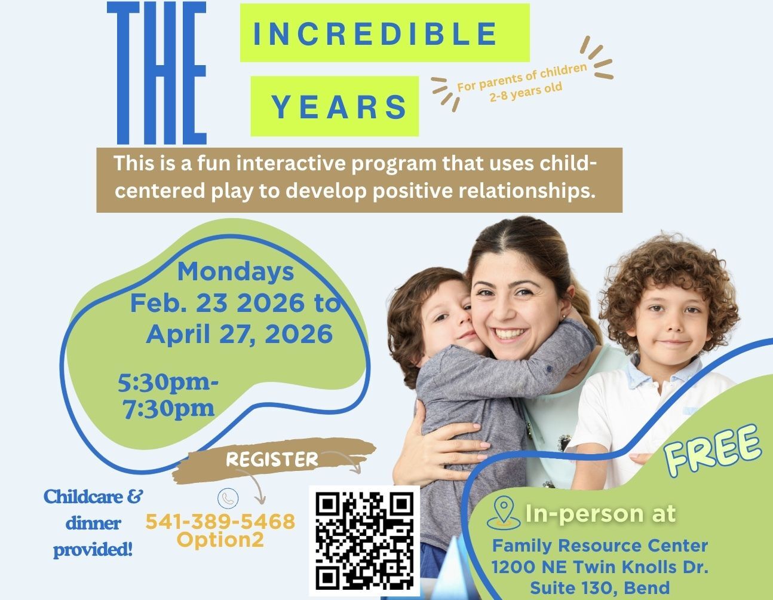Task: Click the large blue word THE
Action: [157, 73]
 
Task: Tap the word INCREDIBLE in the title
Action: [375, 34]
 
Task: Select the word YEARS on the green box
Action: [339, 106]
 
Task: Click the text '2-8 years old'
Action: [526, 92]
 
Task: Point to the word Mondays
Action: [235, 272]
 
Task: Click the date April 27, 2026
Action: [240, 334]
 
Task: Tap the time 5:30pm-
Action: [168, 383]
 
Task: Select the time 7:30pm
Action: [168, 408]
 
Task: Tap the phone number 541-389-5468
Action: [220, 521]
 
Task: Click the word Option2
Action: [220, 540]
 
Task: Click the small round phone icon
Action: [228, 498]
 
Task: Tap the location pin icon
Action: [504, 513]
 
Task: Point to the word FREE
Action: [713, 451]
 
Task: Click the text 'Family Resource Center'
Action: [600, 545]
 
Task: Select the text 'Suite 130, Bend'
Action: [600, 587]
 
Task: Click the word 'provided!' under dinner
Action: [93, 550]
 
